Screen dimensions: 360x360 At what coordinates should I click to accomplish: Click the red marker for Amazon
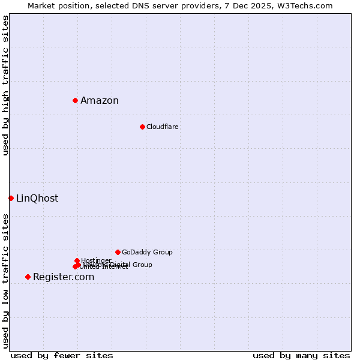click(75, 100)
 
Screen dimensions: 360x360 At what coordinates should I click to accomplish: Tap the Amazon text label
click(100, 101)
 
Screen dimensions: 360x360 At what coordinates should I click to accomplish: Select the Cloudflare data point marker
click(142, 127)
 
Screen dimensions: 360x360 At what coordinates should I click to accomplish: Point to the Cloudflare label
click(162, 127)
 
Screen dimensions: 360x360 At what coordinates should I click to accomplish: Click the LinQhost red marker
click(11, 198)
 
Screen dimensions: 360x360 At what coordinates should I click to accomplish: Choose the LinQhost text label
click(37, 199)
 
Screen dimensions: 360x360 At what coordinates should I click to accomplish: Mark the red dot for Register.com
click(28, 277)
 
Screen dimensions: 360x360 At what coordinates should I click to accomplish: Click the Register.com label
click(64, 277)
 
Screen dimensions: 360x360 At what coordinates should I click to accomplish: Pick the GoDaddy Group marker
click(118, 252)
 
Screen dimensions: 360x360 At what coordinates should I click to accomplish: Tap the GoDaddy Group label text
click(147, 253)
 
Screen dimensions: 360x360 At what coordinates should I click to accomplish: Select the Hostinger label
click(96, 260)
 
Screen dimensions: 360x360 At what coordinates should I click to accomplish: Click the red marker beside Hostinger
click(77, 260)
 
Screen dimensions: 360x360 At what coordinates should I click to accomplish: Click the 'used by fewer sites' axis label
click(62, 355)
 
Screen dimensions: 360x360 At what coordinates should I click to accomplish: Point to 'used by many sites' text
click(301, 355)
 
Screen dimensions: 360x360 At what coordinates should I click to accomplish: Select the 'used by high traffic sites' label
click(6, 86)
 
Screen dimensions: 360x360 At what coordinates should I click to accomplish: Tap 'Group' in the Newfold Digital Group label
click(142, 265)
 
